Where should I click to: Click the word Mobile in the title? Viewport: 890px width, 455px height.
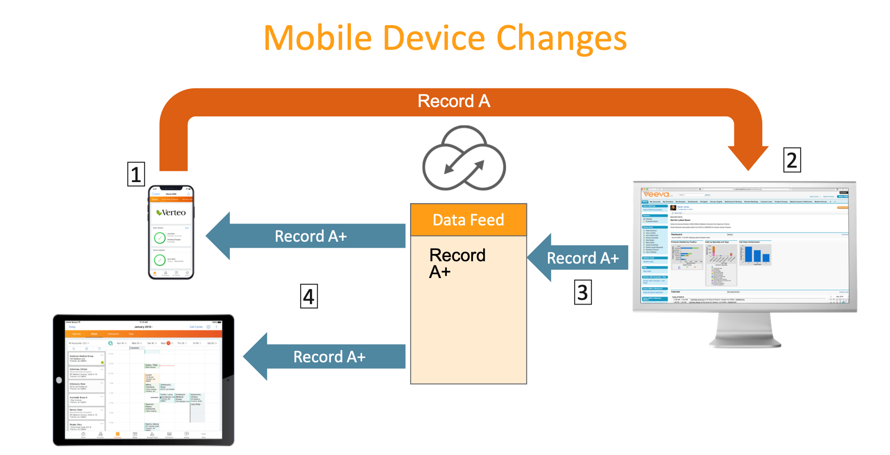318,38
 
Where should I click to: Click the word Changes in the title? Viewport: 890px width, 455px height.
561,39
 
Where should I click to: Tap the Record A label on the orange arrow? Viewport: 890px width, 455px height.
453,101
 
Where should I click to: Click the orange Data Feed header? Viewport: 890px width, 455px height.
468,220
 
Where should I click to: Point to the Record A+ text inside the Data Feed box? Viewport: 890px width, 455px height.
457,263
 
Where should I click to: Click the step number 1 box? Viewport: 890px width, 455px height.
136,174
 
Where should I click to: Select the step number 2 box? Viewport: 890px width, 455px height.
792,160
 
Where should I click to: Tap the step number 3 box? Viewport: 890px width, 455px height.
582,292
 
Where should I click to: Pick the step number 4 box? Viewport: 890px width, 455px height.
309,296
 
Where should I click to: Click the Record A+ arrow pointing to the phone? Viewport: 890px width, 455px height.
308,236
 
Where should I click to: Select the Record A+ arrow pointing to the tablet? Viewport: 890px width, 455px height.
326,357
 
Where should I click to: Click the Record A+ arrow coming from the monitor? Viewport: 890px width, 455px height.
580,258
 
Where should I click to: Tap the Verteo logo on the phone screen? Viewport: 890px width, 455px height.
171,213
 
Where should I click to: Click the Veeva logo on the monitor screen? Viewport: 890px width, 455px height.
656,194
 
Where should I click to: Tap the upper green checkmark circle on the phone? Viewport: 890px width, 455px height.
159,238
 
